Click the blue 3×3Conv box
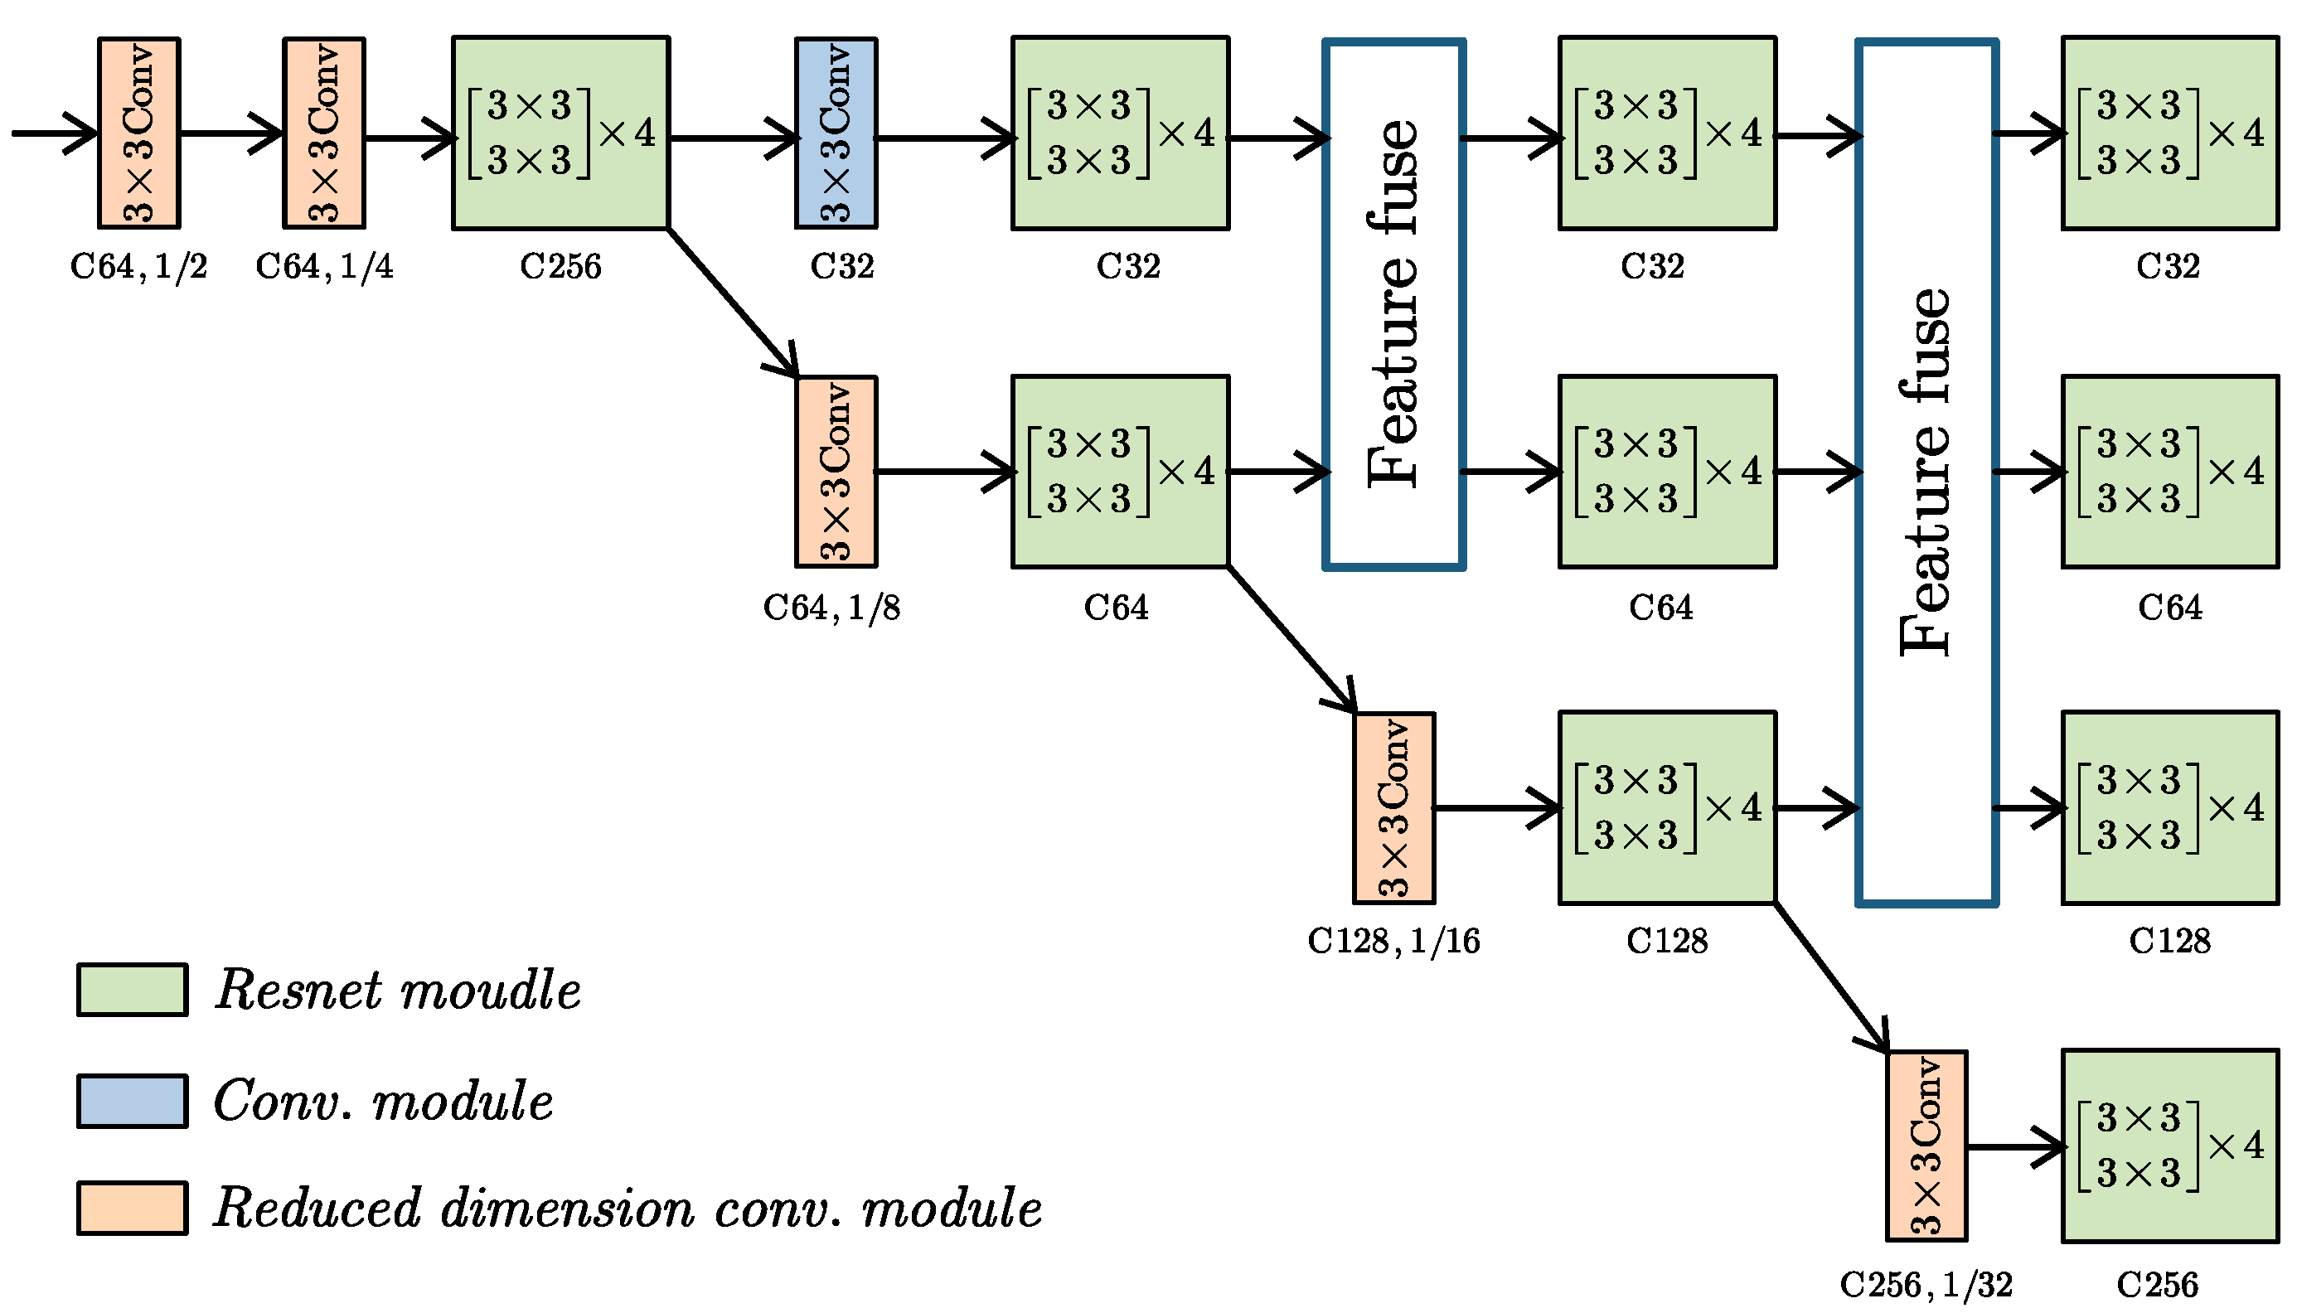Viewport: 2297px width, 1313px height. pyautogui.click(x=836, y=133)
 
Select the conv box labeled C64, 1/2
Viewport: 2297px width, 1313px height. pyautogui.click(x=139, y=133)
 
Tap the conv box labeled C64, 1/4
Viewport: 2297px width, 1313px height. pyautogui.click(x=324, y=133)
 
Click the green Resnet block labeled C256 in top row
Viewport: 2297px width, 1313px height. pyautogui.click(x=560, y=133)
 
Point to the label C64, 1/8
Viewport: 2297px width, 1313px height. pyautogui.click(x=831, y=608)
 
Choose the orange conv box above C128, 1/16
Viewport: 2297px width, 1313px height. pyautogui.click(x=1393, y=808)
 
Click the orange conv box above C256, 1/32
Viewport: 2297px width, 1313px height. pyautogui.click(x=1926, y=1146)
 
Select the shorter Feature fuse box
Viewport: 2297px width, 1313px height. pyautogui.click(x=1393, y=304)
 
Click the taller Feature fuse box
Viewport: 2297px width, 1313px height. pyautogui.click(x=1926, y=472)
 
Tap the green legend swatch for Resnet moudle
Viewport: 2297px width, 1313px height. pyautogui.click(x=133, y=989)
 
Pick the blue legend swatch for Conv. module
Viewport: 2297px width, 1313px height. pyautogui.click(x=133, y=1100)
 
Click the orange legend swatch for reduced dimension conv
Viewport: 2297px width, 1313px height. pyautogui.click(x=133, y=1208)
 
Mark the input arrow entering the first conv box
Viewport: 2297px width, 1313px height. pyautogui.click(x=54, y=133)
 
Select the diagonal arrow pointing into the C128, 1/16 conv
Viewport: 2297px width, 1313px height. pyautogui.click(x=1291, y=639)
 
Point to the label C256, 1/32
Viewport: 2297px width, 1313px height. pyautogui.click(x=1926, y=1284)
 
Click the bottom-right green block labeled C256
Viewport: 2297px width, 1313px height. pyautogui.click(x=2169, y=1146)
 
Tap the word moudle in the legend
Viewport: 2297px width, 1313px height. pyautogui.click(x=491, y=991)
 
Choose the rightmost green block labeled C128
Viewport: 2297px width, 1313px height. pyautogui.click(x=2169, y=808)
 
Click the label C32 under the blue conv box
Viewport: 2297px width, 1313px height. pyautogui.click(x=841, y=266)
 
